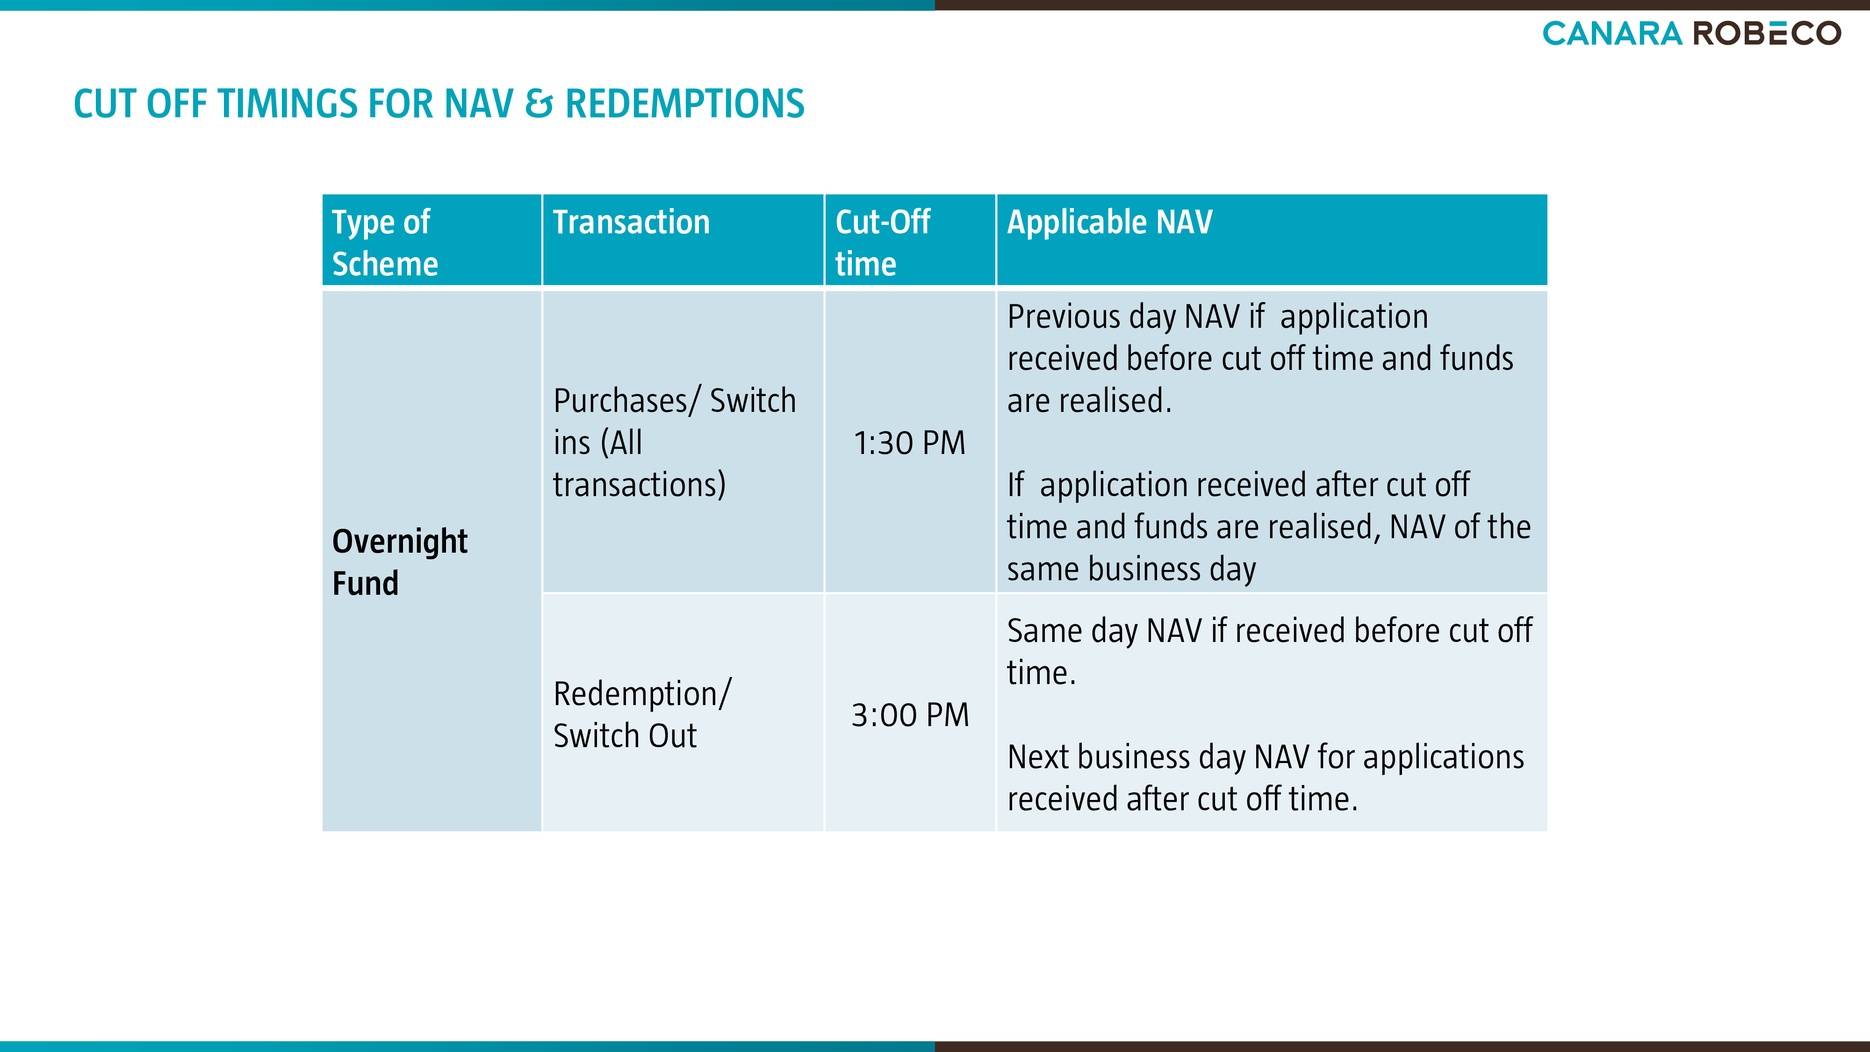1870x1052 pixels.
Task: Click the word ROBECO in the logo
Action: pyautogui.click(x=1768, y=33)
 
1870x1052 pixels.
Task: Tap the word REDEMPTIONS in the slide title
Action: pyautogui.click(x=684, y=104)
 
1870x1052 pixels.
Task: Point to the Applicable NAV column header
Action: pyautogui.click(x=1109, y=222)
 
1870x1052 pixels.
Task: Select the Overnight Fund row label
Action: pyautogui.click(x=400, y=562)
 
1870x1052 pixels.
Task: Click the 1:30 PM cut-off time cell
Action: pyautogui.click(x=910, y=443)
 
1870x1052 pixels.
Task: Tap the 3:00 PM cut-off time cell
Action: pyautogui.click(x=910, y=715)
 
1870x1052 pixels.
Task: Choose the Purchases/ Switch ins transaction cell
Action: pyautogui.click(x=675, y=442)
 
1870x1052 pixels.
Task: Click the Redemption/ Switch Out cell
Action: pyautogui.click(x=642, y=714)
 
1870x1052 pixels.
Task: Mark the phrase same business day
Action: pyautogui.click(x=1131, y=569)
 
